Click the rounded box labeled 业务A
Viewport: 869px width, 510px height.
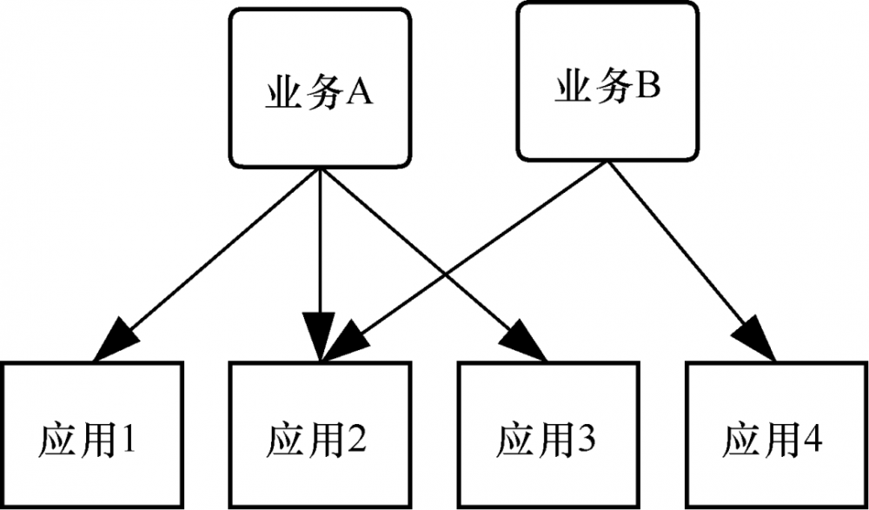pyautogui.click(x=319, y=87)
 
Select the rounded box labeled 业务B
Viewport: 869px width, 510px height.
pyautogui.click(x=607, y=83)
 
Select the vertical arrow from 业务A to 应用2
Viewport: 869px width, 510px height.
pyautogui.click(x=320, y=243)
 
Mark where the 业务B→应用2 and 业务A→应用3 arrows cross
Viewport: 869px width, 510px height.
pyautogui.click(x=444, y=280)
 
